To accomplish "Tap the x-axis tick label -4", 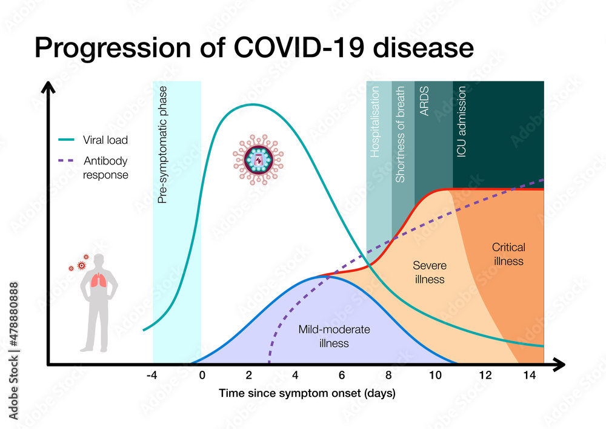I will [x=153, y=376].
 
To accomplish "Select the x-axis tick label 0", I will [x=202, y=376].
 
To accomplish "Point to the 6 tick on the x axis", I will [x=341, y=376].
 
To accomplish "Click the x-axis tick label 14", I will [x=529, y=376].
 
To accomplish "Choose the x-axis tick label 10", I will [x=435, y=376].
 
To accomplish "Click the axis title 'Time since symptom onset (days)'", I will [x=307, y=394].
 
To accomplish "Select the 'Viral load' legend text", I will [x=105, y=140].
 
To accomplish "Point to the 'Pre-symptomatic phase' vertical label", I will [x=162, y=144].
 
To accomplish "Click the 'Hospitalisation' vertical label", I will [x=375, y=122].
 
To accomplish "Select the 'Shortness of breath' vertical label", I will [x=400, y=134].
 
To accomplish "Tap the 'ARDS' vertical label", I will [x=424, y=101].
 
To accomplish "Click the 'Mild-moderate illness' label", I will [x=334, y=336].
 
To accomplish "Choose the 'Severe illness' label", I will [x=429, y=272].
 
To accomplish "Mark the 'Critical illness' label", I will [x=508, y=254].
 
